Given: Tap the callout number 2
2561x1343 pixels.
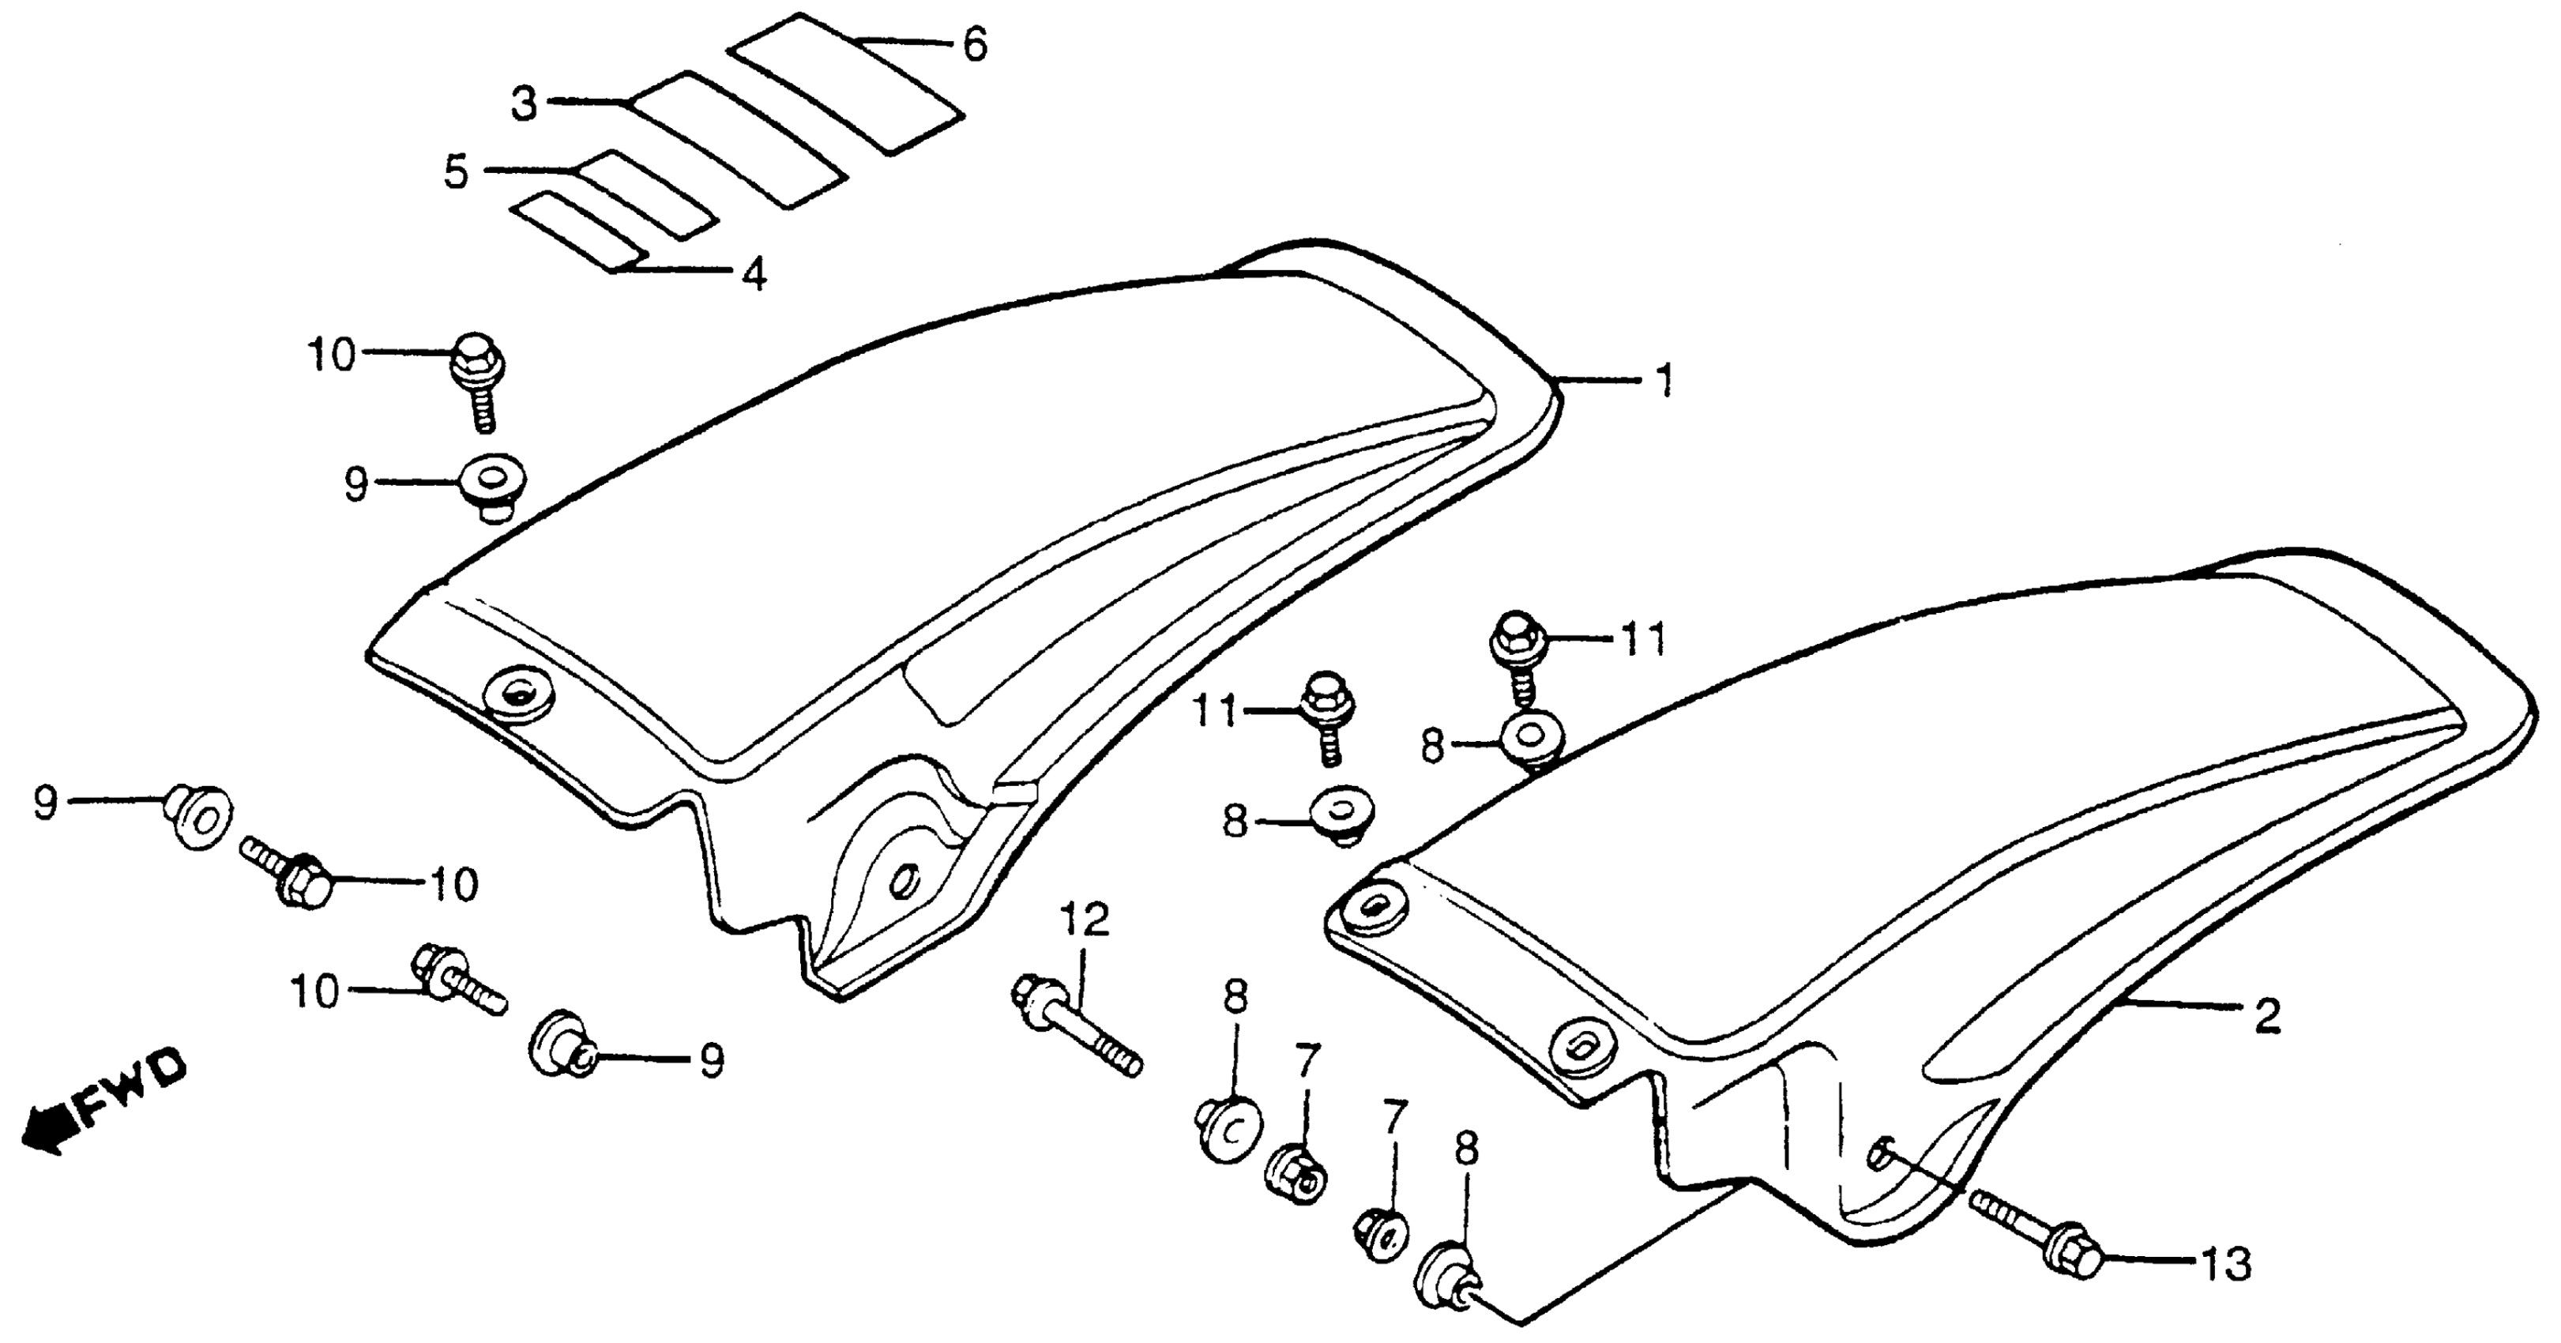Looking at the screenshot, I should [2268, 1017].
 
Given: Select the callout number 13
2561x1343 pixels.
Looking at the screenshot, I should [2227, 1266].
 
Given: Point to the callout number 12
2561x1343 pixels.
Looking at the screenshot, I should [1085, 920].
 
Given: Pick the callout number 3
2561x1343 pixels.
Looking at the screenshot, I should [524, 103].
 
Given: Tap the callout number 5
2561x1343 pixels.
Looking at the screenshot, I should [455, 172].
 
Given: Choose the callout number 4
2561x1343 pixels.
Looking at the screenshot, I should [754, 274].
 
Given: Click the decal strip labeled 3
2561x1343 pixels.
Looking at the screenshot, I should [741, 139].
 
